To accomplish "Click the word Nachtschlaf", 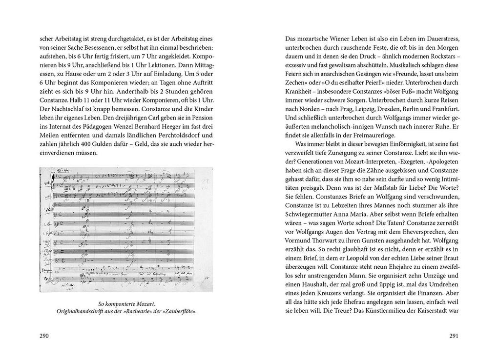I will [x=70, y=105].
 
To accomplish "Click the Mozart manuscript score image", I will [x=125, y=229].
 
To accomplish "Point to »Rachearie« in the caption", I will [x=139, y=311].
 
